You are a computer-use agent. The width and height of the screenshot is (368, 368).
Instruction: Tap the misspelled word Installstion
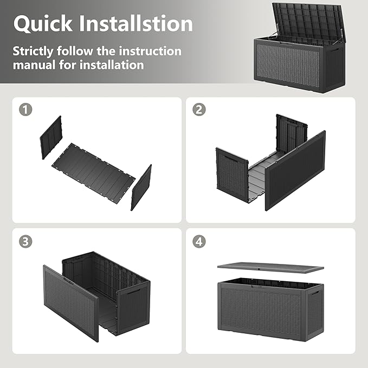pos(137,23)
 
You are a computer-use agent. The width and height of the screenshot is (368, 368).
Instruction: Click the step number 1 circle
pos(25,109)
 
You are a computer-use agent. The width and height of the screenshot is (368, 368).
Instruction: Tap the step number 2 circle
pos(199,109)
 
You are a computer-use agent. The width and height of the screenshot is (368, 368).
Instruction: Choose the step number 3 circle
pos(25,241)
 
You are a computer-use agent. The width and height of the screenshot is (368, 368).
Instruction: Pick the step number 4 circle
pos(199,241)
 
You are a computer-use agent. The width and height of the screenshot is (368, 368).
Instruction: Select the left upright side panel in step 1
pos(51,137)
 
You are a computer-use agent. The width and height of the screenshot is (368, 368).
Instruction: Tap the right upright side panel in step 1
pos(141,187)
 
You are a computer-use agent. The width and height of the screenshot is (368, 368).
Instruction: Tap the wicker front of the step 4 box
pos(263,309)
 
